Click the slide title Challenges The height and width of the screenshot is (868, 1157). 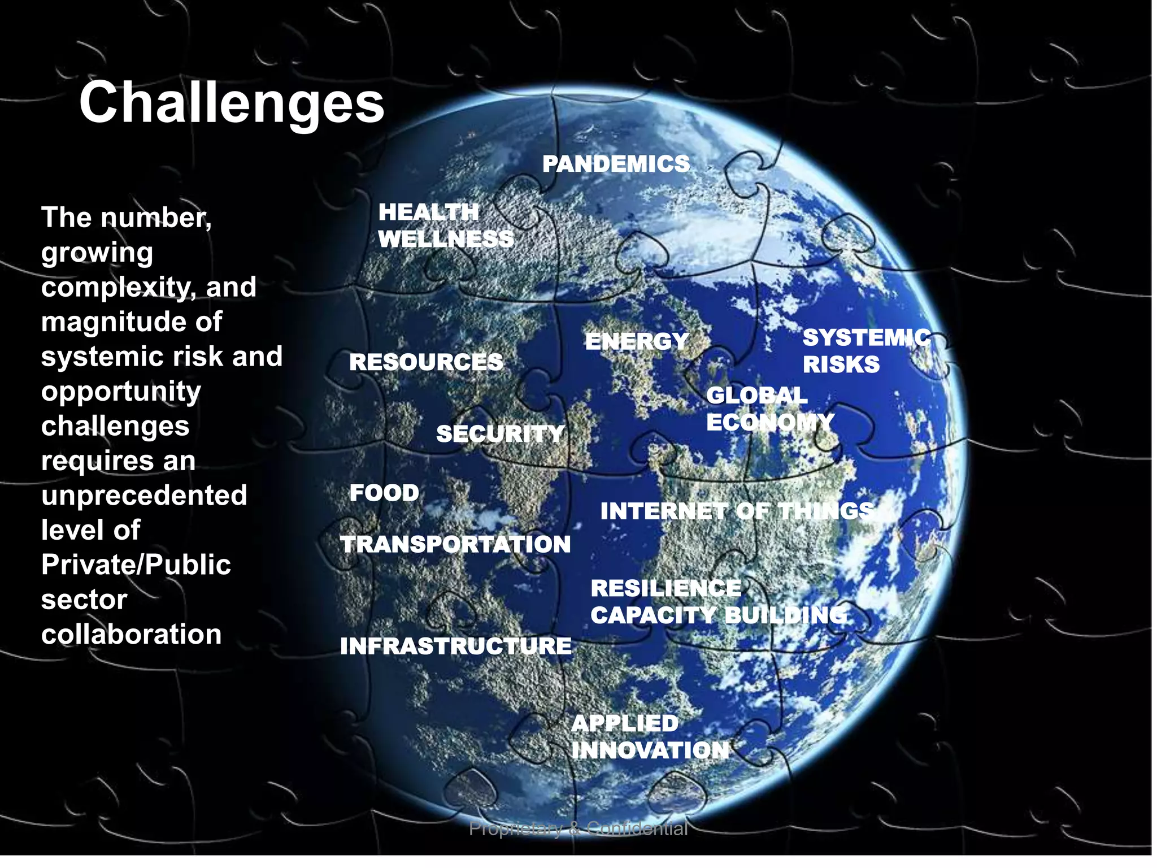click(x=232, y=103)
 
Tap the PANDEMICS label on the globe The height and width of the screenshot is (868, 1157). click(x=616, y=164)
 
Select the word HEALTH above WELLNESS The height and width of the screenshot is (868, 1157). click(x=428, y=212)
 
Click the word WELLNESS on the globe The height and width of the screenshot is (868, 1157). click(x=446, y=239)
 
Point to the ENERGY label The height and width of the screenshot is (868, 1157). click(x=637, y=341)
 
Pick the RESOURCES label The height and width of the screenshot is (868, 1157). click(x=426, y=362)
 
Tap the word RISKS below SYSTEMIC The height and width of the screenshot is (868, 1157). click(x=841, y=364)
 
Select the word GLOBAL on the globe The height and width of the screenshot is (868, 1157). click(x=756, y=395)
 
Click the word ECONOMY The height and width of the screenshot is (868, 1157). click(x=770, y=422)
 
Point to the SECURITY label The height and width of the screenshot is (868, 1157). click(x=500, y=434)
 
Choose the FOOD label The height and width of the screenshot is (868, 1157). click(x=384, y=493)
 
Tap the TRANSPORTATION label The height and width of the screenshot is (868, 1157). click(x=455, y=544)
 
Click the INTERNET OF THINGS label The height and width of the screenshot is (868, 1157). click(x=737, y=511)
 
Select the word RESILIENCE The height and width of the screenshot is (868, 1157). click(x=666, y=588)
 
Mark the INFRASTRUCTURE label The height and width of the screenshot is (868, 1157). click(x=455, y=646)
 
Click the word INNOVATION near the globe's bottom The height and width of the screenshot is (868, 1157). click(x=650, y=750)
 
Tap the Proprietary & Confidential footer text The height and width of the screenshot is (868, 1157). click(x=578, y=828)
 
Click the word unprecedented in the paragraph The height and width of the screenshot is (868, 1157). click(x=144, y=496)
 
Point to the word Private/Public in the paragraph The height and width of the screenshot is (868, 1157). click(x=136, y=565)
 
